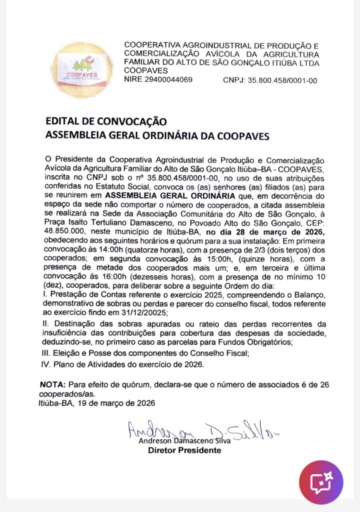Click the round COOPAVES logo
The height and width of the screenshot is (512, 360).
click(x=81, y=69)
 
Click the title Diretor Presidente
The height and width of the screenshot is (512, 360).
click(x=184, y=450)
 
